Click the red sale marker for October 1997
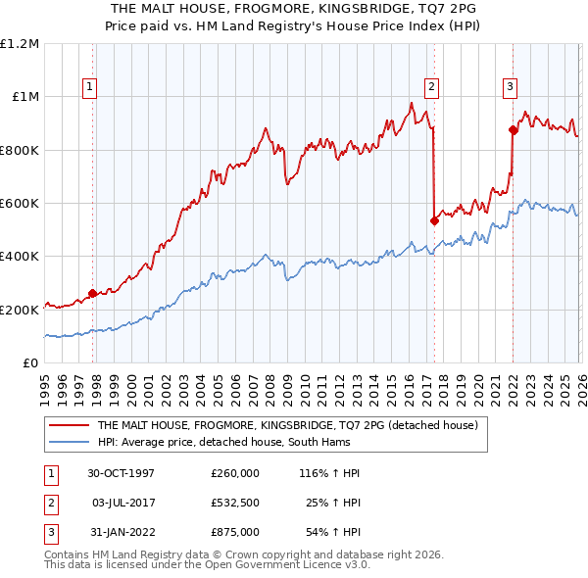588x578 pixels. click(93, 293)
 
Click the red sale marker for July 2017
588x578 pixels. click(433, 220)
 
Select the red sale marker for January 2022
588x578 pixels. click(513, 129)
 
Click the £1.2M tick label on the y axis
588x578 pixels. click(20, 44)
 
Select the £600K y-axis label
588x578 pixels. click(20, 204)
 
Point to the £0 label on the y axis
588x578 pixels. click(29, 363)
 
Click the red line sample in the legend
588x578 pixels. click(69, 426)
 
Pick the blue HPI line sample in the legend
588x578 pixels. click(69, 443)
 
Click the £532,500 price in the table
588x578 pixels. click(235, 503)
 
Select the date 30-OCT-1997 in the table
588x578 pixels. click(121, 472)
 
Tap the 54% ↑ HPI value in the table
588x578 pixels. click(332, 532)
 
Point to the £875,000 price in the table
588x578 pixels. click(235, 532)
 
